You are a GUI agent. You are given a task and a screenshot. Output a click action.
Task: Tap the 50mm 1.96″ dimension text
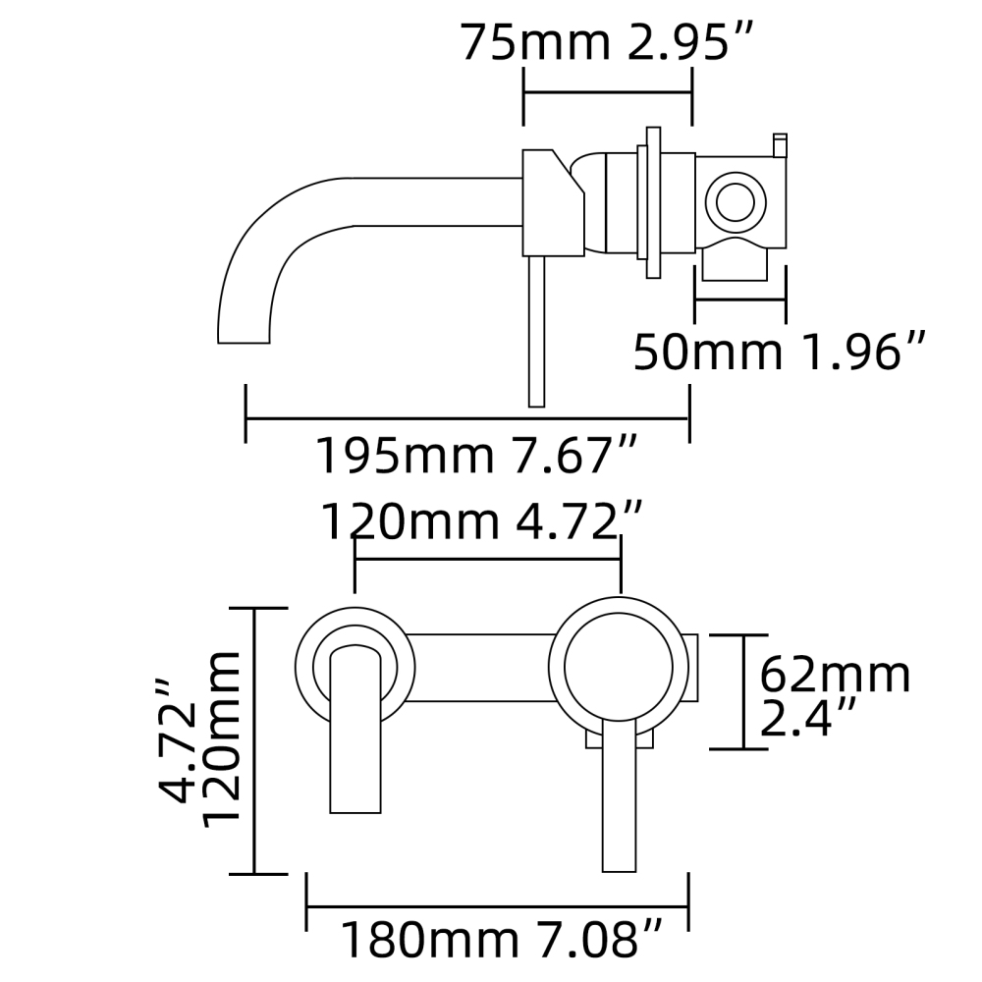click(x=780, y=352)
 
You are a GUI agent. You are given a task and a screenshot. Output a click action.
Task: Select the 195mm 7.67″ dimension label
click(x=478, y=456)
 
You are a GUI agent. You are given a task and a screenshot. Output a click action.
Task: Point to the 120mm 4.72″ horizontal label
click(x=483, y=521)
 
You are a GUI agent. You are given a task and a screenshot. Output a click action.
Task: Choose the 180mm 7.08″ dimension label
click(x=502, y=940)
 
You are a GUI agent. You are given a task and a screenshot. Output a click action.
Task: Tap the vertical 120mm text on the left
click(x=222, y=738)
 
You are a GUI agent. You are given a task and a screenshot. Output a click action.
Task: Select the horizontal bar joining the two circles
click(x=481, y=668)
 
